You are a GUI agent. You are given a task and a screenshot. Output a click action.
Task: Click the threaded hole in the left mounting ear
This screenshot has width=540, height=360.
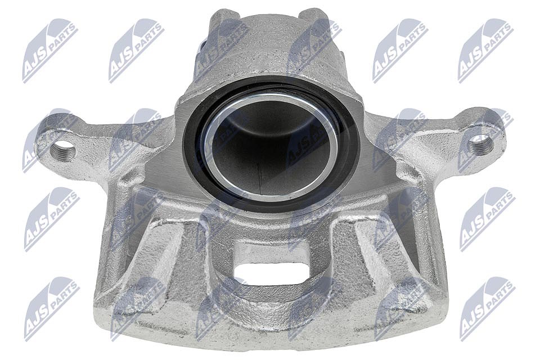(x=63, y=151)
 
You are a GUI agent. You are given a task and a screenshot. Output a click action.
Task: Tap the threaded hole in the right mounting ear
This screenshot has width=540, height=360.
(x=480, y=143)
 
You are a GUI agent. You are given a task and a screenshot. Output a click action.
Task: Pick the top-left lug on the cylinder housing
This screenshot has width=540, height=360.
(x=224, y=21)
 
